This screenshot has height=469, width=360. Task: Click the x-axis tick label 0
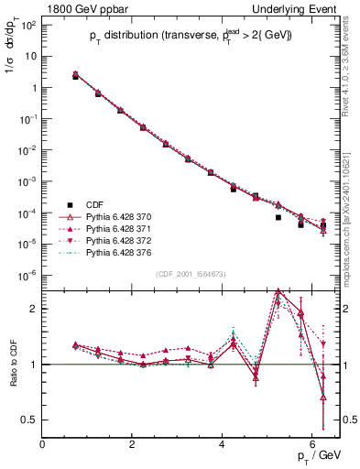(x=43, y=443)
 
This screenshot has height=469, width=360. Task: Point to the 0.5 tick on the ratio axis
(x=29, y=420)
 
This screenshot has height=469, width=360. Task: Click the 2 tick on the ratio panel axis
(x=33, y=309)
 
